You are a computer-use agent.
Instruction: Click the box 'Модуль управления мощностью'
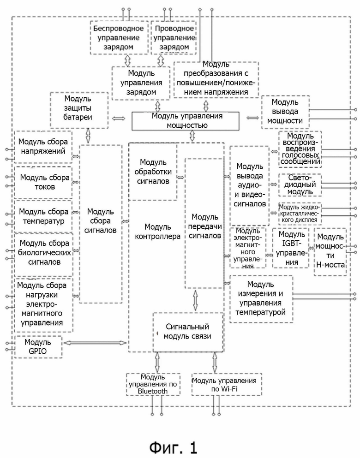186,121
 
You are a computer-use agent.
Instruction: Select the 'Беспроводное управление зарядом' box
119,38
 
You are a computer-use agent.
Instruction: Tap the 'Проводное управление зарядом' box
174,38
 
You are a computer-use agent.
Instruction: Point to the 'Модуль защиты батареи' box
79,110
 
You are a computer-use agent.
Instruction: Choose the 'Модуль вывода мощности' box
285,112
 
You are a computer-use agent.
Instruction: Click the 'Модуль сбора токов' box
43,183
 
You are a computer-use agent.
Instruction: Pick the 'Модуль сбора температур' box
43,216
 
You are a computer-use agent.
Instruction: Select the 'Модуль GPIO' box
38,347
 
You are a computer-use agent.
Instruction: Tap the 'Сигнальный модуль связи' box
188,332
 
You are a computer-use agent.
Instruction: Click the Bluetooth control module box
153,384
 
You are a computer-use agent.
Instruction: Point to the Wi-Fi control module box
227,384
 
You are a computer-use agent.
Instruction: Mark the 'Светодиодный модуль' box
300,185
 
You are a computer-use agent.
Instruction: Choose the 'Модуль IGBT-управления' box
290,248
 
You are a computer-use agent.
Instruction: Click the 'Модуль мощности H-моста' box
330,251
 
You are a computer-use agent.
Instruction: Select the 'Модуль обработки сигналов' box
153,172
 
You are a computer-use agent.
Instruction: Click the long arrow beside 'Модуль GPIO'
95,343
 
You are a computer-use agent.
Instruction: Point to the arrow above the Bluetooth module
157,362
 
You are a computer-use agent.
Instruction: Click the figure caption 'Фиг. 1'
174,447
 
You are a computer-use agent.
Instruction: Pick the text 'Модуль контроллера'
157,232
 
